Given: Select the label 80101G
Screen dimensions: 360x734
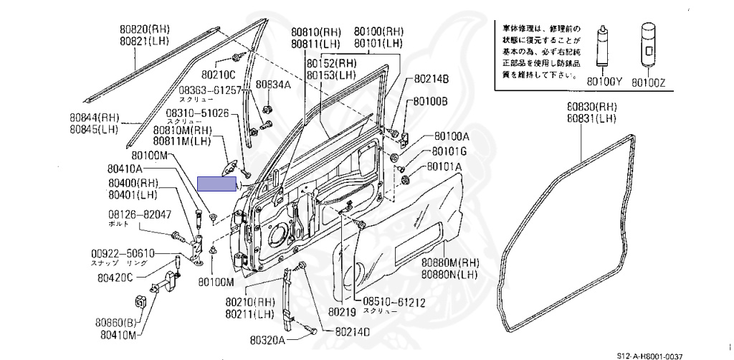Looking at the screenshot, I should click(449, 152).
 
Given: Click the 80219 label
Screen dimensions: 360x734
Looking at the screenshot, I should click(342, 313).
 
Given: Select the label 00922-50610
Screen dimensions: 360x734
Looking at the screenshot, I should click(123, 254).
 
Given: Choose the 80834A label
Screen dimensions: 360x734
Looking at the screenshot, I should click(274, 85).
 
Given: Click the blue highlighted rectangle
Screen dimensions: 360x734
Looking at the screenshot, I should click(216, 184).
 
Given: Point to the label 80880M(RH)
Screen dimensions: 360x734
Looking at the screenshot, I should click(449, 262).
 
